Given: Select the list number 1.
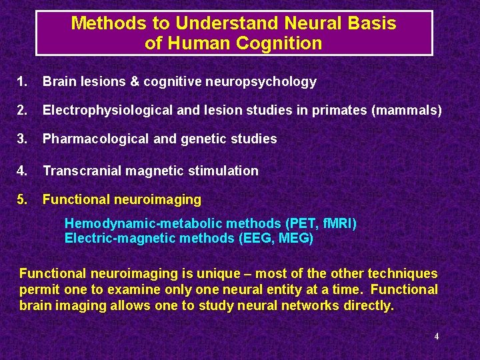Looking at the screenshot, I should click(x=23, y=82).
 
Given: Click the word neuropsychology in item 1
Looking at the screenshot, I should click(x=268, y=82).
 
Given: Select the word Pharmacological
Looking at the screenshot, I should click(x=89, y=139).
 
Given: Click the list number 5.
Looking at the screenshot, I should click(x=23, y=199).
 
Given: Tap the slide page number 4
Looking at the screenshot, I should click(x=437, y=337).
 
